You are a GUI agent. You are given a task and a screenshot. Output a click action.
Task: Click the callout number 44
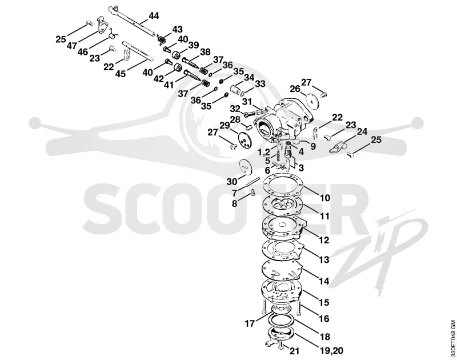tap(154, 16)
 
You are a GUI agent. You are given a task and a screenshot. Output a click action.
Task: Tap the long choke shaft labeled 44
tap(133, 21)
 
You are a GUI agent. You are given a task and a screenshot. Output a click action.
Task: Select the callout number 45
tap(120, 73)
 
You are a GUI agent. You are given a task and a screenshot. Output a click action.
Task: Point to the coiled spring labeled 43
tap(161, 39)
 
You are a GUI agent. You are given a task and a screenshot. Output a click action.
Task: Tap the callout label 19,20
tap(332, 350)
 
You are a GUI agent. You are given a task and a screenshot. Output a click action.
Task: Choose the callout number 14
tap(324, 281)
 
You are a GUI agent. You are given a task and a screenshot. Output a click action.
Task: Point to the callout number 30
tap(232, 182)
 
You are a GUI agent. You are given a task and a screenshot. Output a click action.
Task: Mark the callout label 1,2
tap(263, 152)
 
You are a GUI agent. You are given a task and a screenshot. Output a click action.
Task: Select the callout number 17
tap(250, 323)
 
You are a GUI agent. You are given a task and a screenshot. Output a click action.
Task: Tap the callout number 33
tap(260, 84)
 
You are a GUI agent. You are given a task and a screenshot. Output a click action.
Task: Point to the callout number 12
tap(324, 240)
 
